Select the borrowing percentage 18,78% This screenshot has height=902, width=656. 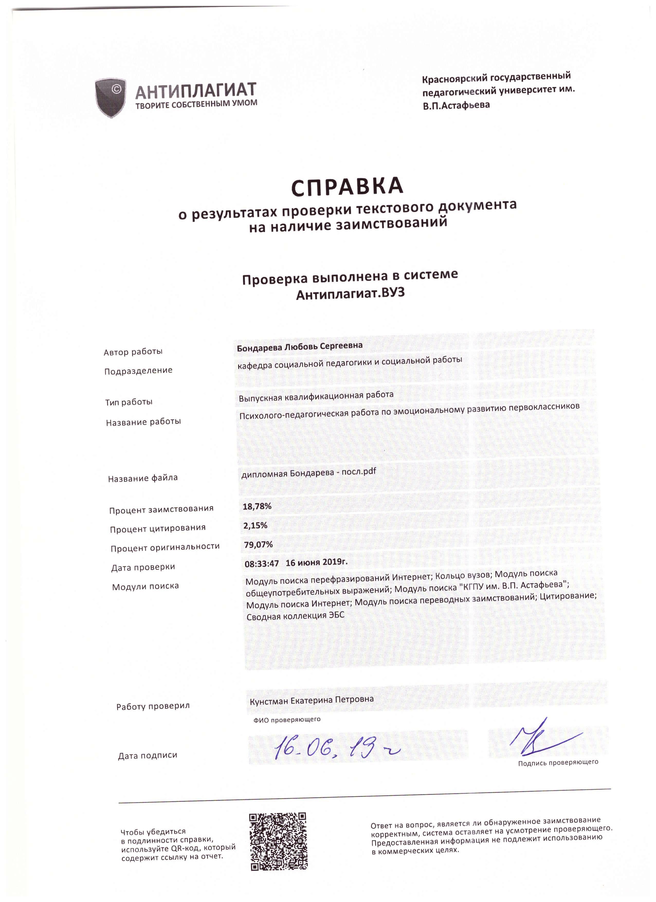[257, 506]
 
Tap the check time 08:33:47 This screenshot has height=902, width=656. [261, 563]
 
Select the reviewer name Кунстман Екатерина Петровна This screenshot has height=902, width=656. [312, 700]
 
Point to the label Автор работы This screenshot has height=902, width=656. [133, 352]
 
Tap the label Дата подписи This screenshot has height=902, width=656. [148, 755]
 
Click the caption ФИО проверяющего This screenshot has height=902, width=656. [287, 720]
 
